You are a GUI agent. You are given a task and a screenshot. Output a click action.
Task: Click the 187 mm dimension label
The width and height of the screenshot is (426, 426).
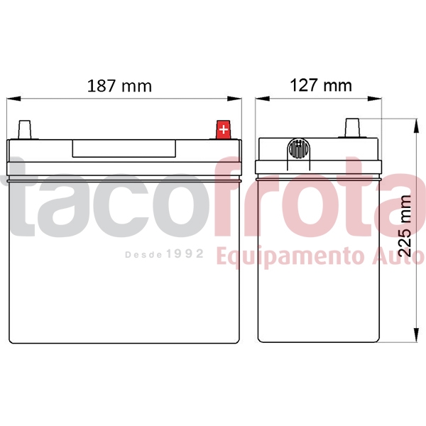pos(119,87)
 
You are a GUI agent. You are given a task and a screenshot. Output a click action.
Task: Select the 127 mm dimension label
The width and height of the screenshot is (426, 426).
pos(321,86)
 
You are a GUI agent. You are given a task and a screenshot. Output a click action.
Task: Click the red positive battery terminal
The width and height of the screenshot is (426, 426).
pos(223,130)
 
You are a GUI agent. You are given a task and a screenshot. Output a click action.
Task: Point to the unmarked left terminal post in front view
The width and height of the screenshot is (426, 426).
pos(26,131)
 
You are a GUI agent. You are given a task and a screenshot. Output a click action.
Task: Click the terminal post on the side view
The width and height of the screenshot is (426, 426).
pos(351,129)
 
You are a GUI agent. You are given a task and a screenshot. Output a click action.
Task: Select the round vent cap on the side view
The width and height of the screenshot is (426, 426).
pos(299,151)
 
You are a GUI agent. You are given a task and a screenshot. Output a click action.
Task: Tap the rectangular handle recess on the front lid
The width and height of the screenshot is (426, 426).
pos(124,149)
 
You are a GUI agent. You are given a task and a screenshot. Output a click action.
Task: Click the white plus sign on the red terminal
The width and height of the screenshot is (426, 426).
pos(223,130)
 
